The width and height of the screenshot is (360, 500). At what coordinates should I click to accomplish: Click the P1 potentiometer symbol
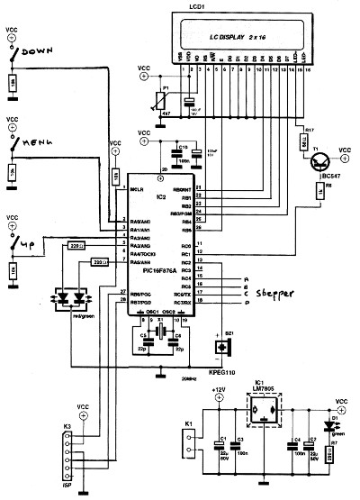(x=162, y=93)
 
